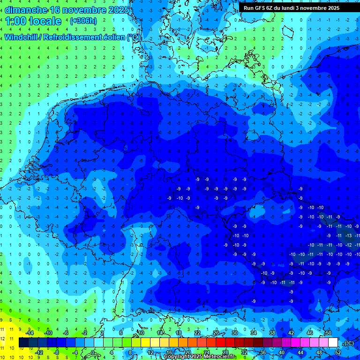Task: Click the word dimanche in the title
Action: coord(26,10)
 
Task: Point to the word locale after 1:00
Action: coord(45,21)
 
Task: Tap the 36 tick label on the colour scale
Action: coord(262,352)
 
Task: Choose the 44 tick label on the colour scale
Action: coord(300,352)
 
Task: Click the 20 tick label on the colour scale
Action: coord(187,352)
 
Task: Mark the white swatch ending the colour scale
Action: coord(333,343)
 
